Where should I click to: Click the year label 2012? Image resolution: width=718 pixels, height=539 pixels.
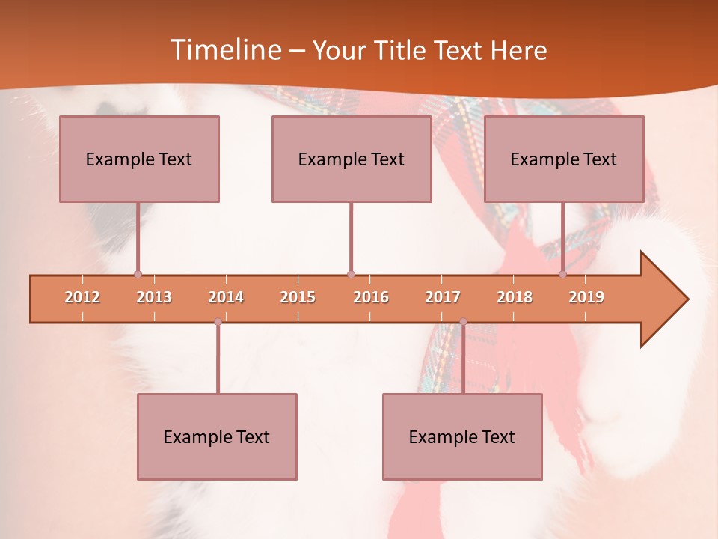coord(82,297)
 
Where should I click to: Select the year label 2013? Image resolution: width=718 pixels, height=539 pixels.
coord(154,297)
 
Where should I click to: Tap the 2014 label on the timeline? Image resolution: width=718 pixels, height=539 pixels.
coord(226,297)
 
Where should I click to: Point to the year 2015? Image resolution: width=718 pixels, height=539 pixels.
coord(298,297)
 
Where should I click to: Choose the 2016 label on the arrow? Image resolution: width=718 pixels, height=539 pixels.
coord(371,297)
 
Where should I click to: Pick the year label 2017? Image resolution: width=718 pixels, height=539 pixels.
coord(443,297)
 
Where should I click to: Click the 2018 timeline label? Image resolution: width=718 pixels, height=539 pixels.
coord(515,297)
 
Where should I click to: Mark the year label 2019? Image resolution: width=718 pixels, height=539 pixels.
coord(586,297)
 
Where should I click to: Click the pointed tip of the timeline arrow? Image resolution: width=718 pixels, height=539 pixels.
coord(686,299)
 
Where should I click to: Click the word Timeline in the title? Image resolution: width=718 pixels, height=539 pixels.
coord(225,50)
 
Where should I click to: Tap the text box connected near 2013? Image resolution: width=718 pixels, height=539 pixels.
coord(139,159)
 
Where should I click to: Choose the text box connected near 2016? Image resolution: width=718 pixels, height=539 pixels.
coord(352,159)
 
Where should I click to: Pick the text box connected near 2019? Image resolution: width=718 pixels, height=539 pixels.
coord(564,159)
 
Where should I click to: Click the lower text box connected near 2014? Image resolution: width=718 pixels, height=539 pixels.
coord(217,436)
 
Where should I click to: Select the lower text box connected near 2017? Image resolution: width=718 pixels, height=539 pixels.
coord(462,436)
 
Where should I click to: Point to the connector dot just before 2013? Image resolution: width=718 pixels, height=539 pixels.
coord(138,275)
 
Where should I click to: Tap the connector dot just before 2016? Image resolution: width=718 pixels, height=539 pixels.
coord(351,275)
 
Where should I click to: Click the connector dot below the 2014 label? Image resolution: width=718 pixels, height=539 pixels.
coord(218,322)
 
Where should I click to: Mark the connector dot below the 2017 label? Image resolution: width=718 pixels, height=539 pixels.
coord(463,322)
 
